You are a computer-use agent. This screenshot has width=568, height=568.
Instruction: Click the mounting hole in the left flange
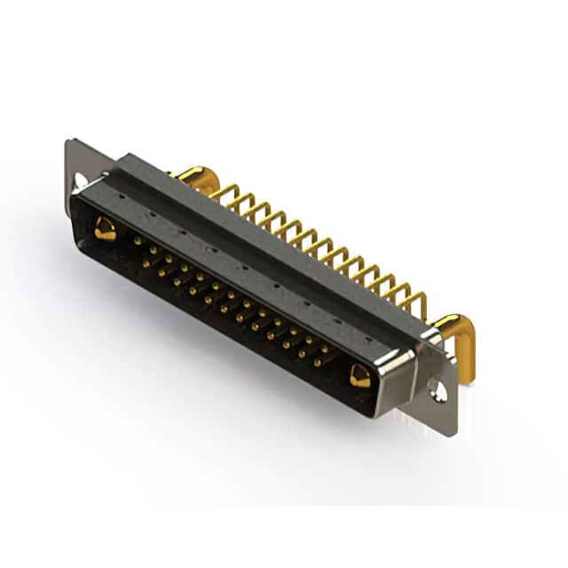pyautogui.click(x=81, y=181)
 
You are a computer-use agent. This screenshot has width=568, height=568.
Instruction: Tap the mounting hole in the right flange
pyautogui.click(x=438, y=388)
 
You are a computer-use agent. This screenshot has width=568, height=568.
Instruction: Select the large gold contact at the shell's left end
pyautogui.click(x=105, y=229)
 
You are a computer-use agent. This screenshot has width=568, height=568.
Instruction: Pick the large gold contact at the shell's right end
pyautogui.click(x=359, y=376)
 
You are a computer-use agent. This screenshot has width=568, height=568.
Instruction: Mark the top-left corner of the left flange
pyautogui.click(x=68, y=142)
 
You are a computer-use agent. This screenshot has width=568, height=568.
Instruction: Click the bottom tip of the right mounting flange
pyautogui.click(x=450, y=432)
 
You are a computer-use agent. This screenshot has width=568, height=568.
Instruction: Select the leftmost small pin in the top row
pyautogui.click(x=138, y=240)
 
